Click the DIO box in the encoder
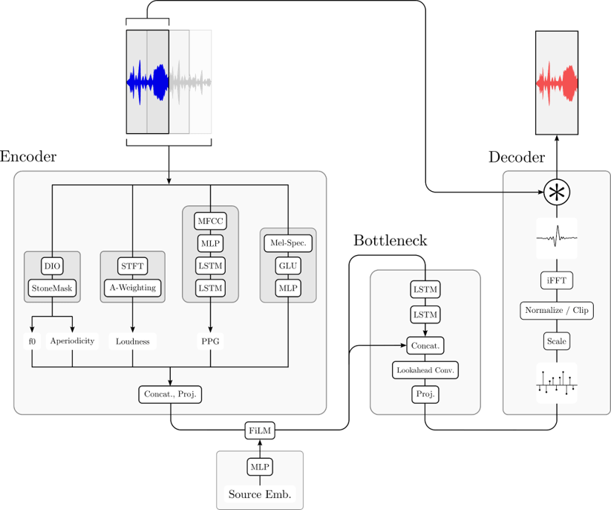(x=52, y=265)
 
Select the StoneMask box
(x=52, y=287)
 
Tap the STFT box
(x=132, y=265)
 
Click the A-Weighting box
(x=132, y=287)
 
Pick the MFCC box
(x=210, y=221)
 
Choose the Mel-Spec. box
(x=287, y=242)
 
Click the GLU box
(x=287, y=265)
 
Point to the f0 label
(x=32, y=341)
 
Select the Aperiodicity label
(x=72, y=341)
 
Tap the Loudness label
(x=133, y=341)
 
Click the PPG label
(x=210, y=341)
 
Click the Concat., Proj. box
(x=171, y=394)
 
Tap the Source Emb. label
(x=259, y=494)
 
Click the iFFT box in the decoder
(x=556, y=280)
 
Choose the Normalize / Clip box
(x=556, y=310)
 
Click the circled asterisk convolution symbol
(x=556, y=193)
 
